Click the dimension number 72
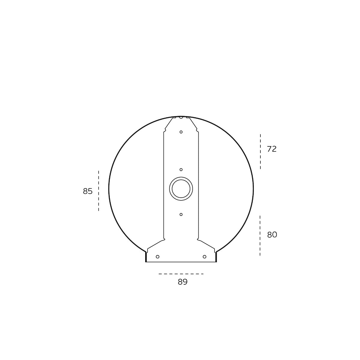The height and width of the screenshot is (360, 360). click(x=271, y=149)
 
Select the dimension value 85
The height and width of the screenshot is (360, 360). click(x=88, y=191)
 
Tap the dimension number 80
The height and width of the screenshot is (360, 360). click(x=272, y=235)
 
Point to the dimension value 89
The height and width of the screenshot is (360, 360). click(x=182, y=282)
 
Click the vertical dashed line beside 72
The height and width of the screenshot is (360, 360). click(x=260, y=151)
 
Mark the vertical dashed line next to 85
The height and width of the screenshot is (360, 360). click(x=98, y=191)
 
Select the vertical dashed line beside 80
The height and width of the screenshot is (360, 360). click(x=260, y=235)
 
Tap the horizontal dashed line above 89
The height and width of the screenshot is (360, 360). click(x=181, y=274)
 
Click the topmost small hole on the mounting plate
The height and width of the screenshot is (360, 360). click(x=181, y=132)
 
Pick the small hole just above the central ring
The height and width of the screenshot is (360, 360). click(x=181, y=169)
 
